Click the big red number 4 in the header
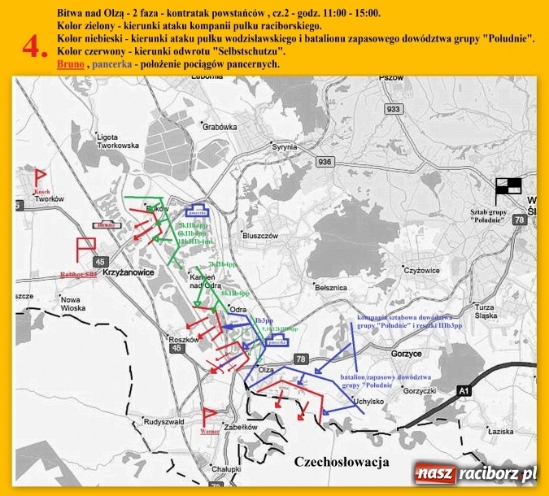click(35, 47)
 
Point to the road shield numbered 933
click(394, 109)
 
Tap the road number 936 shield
click(325, 162)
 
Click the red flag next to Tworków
click(38, 177)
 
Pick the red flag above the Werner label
click(210, 417)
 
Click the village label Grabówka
click(220, 127)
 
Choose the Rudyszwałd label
click(166, 423)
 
